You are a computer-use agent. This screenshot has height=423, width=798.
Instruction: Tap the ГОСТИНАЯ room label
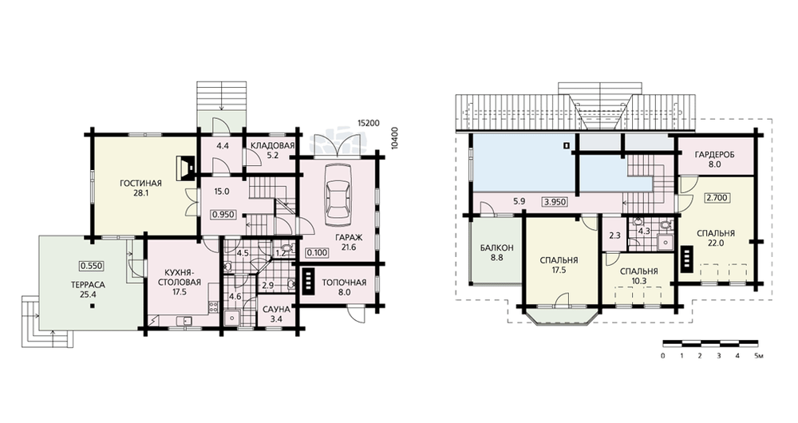point(140,184)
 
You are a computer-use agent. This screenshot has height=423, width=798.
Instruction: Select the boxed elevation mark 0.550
point(92,265)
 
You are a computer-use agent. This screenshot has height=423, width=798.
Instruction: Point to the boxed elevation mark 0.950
point(223,215)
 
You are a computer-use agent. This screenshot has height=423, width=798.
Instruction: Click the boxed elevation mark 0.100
point(316,252)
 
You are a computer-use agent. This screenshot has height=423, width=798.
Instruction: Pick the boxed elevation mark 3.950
point(555,202)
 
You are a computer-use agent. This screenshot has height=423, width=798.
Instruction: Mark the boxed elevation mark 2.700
point(717,197)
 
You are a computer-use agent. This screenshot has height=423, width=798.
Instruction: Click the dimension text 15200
point(369,123)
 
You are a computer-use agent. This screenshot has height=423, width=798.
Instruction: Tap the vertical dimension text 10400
point(395,137)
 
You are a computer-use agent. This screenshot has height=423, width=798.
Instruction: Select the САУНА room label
point(276,310)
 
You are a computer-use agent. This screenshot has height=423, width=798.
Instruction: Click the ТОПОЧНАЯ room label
point(344,283)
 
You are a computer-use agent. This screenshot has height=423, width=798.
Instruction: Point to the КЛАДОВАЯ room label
point(272,146)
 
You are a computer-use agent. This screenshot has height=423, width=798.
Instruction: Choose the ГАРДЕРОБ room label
point(714,155)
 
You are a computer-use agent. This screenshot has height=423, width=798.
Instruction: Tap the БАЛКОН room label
point(496,248)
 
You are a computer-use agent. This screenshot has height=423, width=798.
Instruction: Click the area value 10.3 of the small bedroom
point(638,280)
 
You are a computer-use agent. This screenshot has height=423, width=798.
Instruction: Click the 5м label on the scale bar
point(758,356)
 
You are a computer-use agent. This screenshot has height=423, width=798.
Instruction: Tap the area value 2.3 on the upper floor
point(614,235)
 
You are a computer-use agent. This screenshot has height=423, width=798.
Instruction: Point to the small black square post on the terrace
point(92,306)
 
